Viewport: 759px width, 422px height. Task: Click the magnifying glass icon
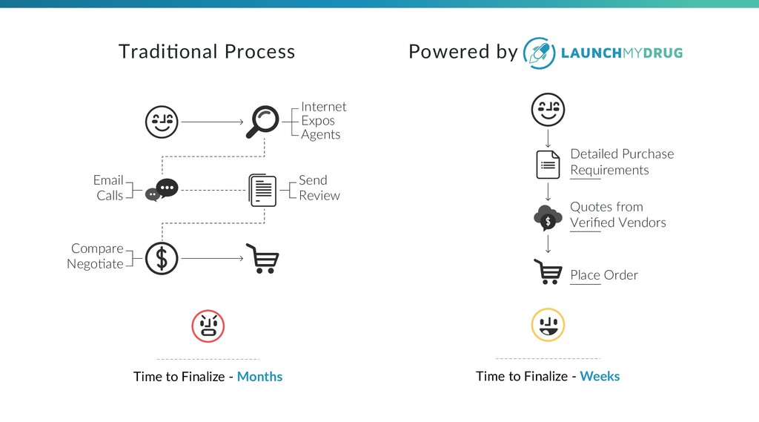tap(263, 120)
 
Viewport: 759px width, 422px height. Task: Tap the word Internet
tap(323, 107)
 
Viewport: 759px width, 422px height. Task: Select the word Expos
tap(318, 121)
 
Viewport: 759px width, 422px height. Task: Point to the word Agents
tap(320, 134)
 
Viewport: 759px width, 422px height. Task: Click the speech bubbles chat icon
tap(162, 190)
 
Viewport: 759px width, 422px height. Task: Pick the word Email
tap(108, 180)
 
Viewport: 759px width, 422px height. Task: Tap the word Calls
tap(110, 196)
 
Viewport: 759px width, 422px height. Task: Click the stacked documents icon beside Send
tap(263, 190)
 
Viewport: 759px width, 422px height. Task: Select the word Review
tap(319, 196)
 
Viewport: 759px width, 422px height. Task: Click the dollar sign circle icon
tap(162, 258)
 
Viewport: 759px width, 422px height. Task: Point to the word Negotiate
tap(95, 264)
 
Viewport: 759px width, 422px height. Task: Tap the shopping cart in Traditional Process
tap(262, 259)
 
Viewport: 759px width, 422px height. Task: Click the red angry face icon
tap(208, 326)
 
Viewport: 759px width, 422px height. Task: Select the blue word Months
tap(259, 377)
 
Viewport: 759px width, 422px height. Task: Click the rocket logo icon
tap(539, 52)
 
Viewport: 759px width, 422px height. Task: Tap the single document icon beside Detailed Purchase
tap(548, 165)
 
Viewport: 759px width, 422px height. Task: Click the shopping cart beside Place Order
tap(548, 272)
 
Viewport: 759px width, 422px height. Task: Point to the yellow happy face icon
tap(548, 325)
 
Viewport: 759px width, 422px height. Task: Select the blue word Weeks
tap(600, 377)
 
